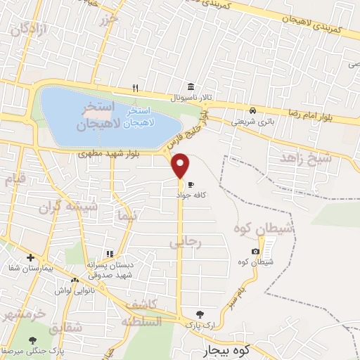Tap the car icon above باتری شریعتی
252,110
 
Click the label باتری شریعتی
250,121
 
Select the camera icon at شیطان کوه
255,252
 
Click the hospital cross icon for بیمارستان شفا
30,258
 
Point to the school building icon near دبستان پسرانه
109,254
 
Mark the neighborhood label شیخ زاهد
304,157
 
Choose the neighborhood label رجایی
186,242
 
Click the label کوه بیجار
219,349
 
